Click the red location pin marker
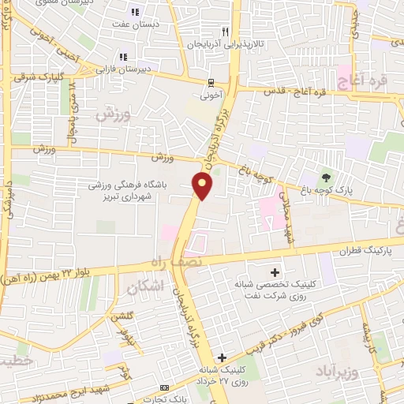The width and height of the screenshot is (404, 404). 203,186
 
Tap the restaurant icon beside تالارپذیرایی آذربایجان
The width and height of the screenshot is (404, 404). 225,32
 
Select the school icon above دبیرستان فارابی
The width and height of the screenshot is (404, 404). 123,57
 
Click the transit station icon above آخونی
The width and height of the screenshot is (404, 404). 210,81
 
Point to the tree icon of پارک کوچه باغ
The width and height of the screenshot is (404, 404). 325,176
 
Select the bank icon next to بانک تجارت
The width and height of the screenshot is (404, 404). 163,388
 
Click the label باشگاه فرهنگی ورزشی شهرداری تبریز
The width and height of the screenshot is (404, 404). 139,191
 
